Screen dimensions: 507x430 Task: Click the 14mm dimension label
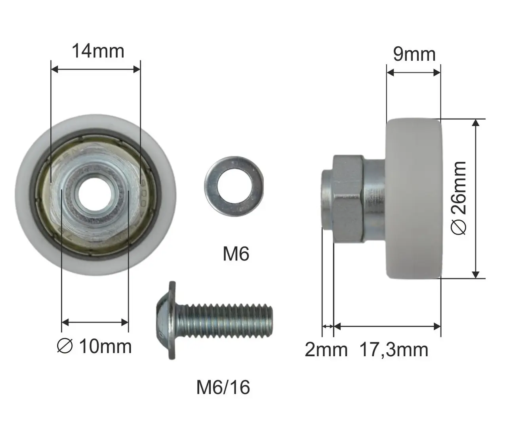[98, 51]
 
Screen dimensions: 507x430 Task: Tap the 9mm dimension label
[414, 54]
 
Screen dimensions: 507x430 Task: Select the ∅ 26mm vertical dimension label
[458, 198]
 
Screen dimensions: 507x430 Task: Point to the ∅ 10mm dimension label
[94, 346]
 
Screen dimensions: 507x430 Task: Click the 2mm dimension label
[326, 350]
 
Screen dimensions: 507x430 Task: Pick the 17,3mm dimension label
[394, 350]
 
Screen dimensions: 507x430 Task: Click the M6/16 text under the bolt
[223, 387]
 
